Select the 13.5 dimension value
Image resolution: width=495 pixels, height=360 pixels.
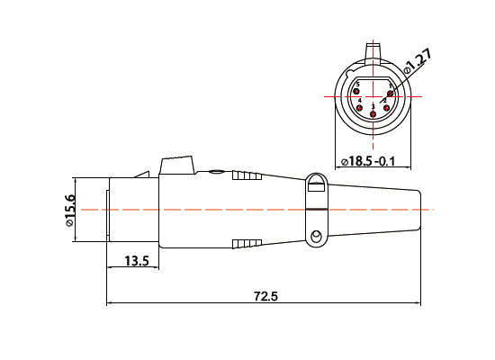(x=137, y=261)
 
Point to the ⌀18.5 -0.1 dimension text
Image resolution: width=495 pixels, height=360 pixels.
(x=373, y=160)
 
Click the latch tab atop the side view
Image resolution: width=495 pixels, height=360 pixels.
(x=176, y=166)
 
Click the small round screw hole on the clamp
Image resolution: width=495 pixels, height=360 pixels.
(x=315, y=238)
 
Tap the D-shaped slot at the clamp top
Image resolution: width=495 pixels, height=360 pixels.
(x=315, y=186)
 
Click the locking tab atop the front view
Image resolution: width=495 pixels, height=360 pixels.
(x=373, y=49)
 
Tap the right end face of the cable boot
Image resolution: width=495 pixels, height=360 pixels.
(x=421, y=209)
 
